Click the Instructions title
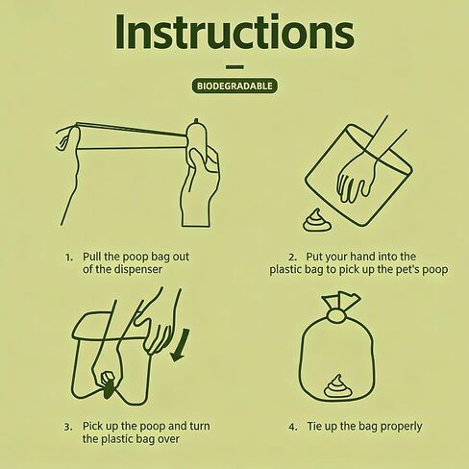pyautogui.click(x=234, y=32)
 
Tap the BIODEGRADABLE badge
pyautogui.click(x=234, y=86)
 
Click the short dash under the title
pyautogui.click(x=234, y=67)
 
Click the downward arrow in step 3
pyautogui.click(x=180, y=345)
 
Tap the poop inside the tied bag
pyautogui.click(x=337, y=386)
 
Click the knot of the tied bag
pyautogui.click(x=335, y=316)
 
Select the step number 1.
pyautogui.click(x=68, y=258)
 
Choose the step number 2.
pyautogui.click(x=292, y=258)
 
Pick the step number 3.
pyautogui.click(x=68, y=427)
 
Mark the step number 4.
pyautogui.click(x=293, y=427)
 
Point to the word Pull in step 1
pyautogui.click(x=92, y=257)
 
